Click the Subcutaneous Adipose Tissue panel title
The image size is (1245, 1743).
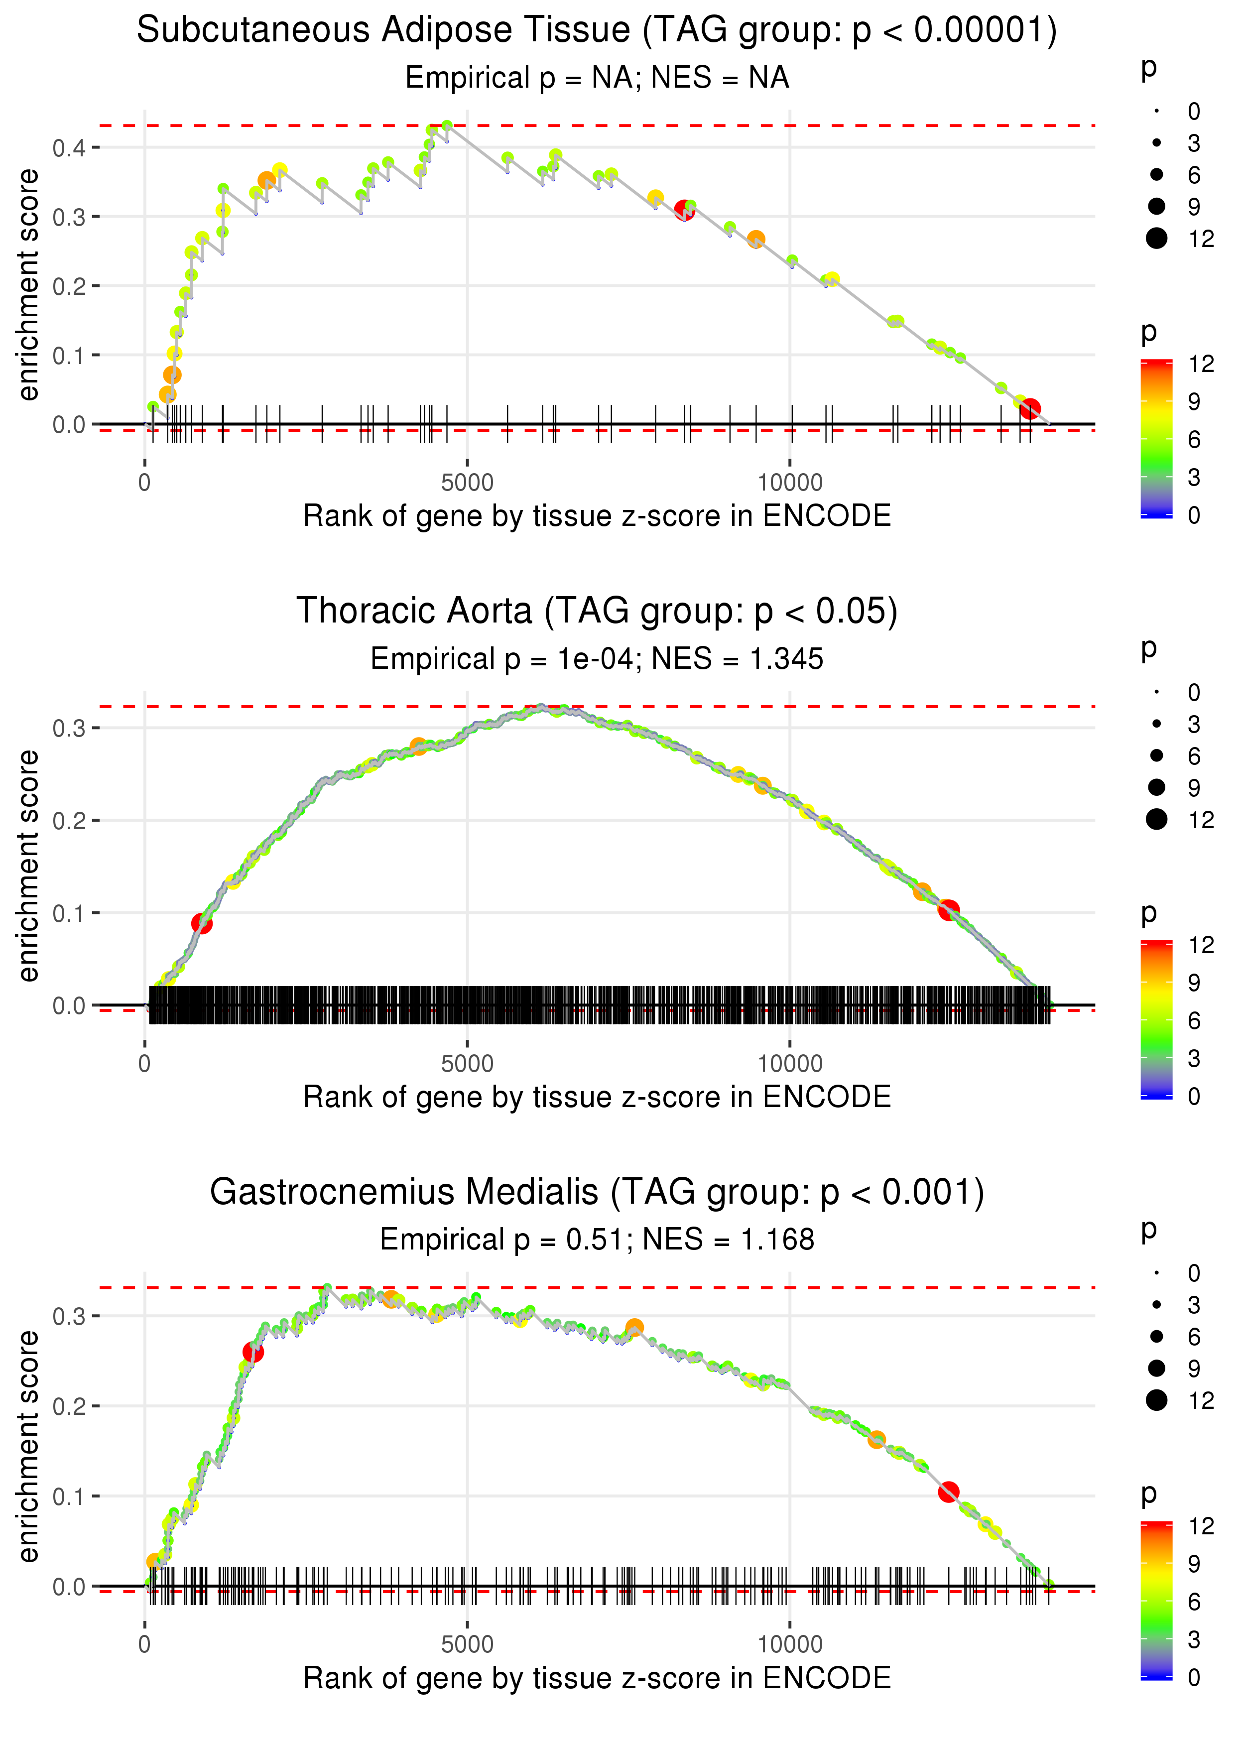pos(597,31)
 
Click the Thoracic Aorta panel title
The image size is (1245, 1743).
pos(597,612)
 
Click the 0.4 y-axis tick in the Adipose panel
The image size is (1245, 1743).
pos(69,148)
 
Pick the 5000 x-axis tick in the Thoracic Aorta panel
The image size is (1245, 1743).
pos(467,1064)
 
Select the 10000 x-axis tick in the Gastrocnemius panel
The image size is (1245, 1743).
pos(790,1645)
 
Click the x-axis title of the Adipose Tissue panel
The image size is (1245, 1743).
pos(597,516)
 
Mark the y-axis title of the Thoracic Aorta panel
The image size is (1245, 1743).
pos(28,866)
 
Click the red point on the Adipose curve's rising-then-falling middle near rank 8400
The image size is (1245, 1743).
pos(684,211)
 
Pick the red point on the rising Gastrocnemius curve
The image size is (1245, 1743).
pos(253,1352)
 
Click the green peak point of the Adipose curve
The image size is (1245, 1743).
pos(447,125)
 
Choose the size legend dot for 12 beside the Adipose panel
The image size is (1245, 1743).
pos(1156,239)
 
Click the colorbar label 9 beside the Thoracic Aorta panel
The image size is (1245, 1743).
pos(1194,983)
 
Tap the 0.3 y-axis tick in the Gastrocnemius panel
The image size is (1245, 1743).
pos(69,1316)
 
